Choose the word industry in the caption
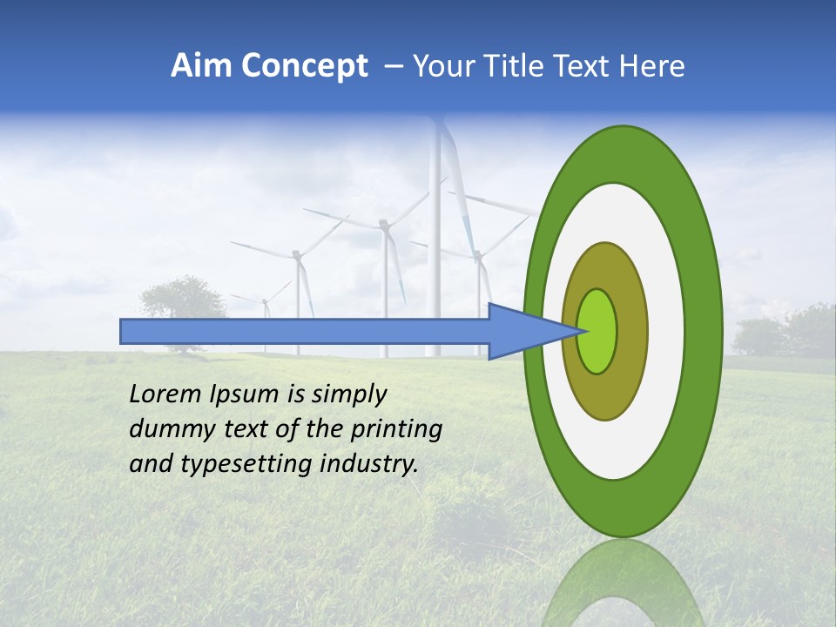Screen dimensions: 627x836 [369, 464]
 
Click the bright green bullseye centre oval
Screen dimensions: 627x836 [597, 332]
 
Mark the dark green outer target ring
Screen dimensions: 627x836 [704, 331]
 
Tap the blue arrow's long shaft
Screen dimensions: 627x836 [305, 332]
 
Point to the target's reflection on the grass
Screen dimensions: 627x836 [623, 583]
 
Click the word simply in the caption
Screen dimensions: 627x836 [347, 395]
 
